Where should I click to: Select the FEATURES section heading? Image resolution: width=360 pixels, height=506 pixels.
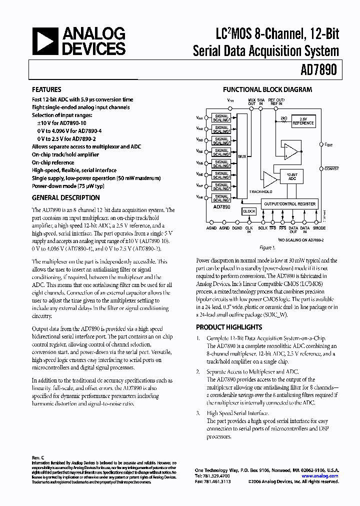(47, 90)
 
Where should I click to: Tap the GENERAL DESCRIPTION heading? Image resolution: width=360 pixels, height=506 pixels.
(66, 197)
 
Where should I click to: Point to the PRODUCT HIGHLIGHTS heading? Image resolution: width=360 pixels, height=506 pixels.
(228, 327)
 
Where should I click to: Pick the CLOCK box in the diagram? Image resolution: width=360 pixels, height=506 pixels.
(249, 211)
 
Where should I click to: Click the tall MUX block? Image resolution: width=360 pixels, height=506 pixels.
(242, 155)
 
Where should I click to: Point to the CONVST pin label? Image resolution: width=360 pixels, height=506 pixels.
(331, 169)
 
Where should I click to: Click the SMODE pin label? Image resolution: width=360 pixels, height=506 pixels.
(319, 228)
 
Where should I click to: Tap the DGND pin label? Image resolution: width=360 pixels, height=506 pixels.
(237, 228)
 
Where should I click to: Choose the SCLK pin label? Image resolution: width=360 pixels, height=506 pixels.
(262, 228)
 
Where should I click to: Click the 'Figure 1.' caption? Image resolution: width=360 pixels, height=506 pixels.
(267, 247)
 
